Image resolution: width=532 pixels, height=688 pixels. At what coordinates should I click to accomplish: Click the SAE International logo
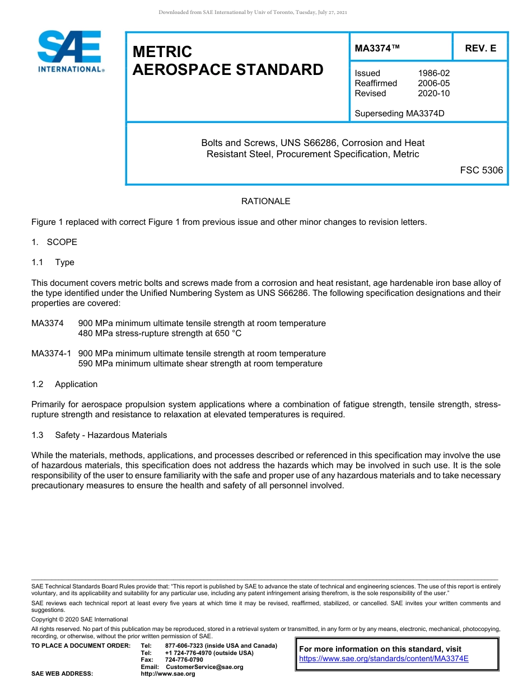click(70, 51)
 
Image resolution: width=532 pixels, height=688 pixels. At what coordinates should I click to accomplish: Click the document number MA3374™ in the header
click(377, 49)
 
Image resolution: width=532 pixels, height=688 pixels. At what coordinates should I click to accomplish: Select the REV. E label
click(480, 49)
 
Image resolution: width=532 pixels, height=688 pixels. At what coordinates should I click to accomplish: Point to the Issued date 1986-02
click(433, 73)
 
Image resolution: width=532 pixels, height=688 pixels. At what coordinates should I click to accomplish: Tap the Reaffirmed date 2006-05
click(433, 83)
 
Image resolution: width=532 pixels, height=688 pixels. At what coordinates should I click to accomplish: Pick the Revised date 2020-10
click(433, 93)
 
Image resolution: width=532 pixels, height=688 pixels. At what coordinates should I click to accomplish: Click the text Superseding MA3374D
click(399, 114)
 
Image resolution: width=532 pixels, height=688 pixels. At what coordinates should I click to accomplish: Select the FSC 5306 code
click(481, 170)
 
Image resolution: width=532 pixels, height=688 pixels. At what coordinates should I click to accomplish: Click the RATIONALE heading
click(265, 201)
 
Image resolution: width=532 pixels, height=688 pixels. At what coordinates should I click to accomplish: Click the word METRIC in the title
click(162, 52)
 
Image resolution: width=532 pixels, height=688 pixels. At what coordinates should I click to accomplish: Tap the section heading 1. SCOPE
click(54, 242)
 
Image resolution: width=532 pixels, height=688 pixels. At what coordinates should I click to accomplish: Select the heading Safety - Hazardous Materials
click(111, 435)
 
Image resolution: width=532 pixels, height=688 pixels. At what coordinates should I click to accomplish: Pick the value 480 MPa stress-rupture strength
click(160, 333)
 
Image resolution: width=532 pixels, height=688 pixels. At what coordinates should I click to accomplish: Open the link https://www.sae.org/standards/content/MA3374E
click(384, 659)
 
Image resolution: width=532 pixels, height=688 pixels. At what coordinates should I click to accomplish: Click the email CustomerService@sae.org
click(204, 667)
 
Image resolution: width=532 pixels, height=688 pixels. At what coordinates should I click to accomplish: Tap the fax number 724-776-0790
click(184, 660)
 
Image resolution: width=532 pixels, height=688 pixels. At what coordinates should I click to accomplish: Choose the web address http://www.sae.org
click(168, 674)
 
